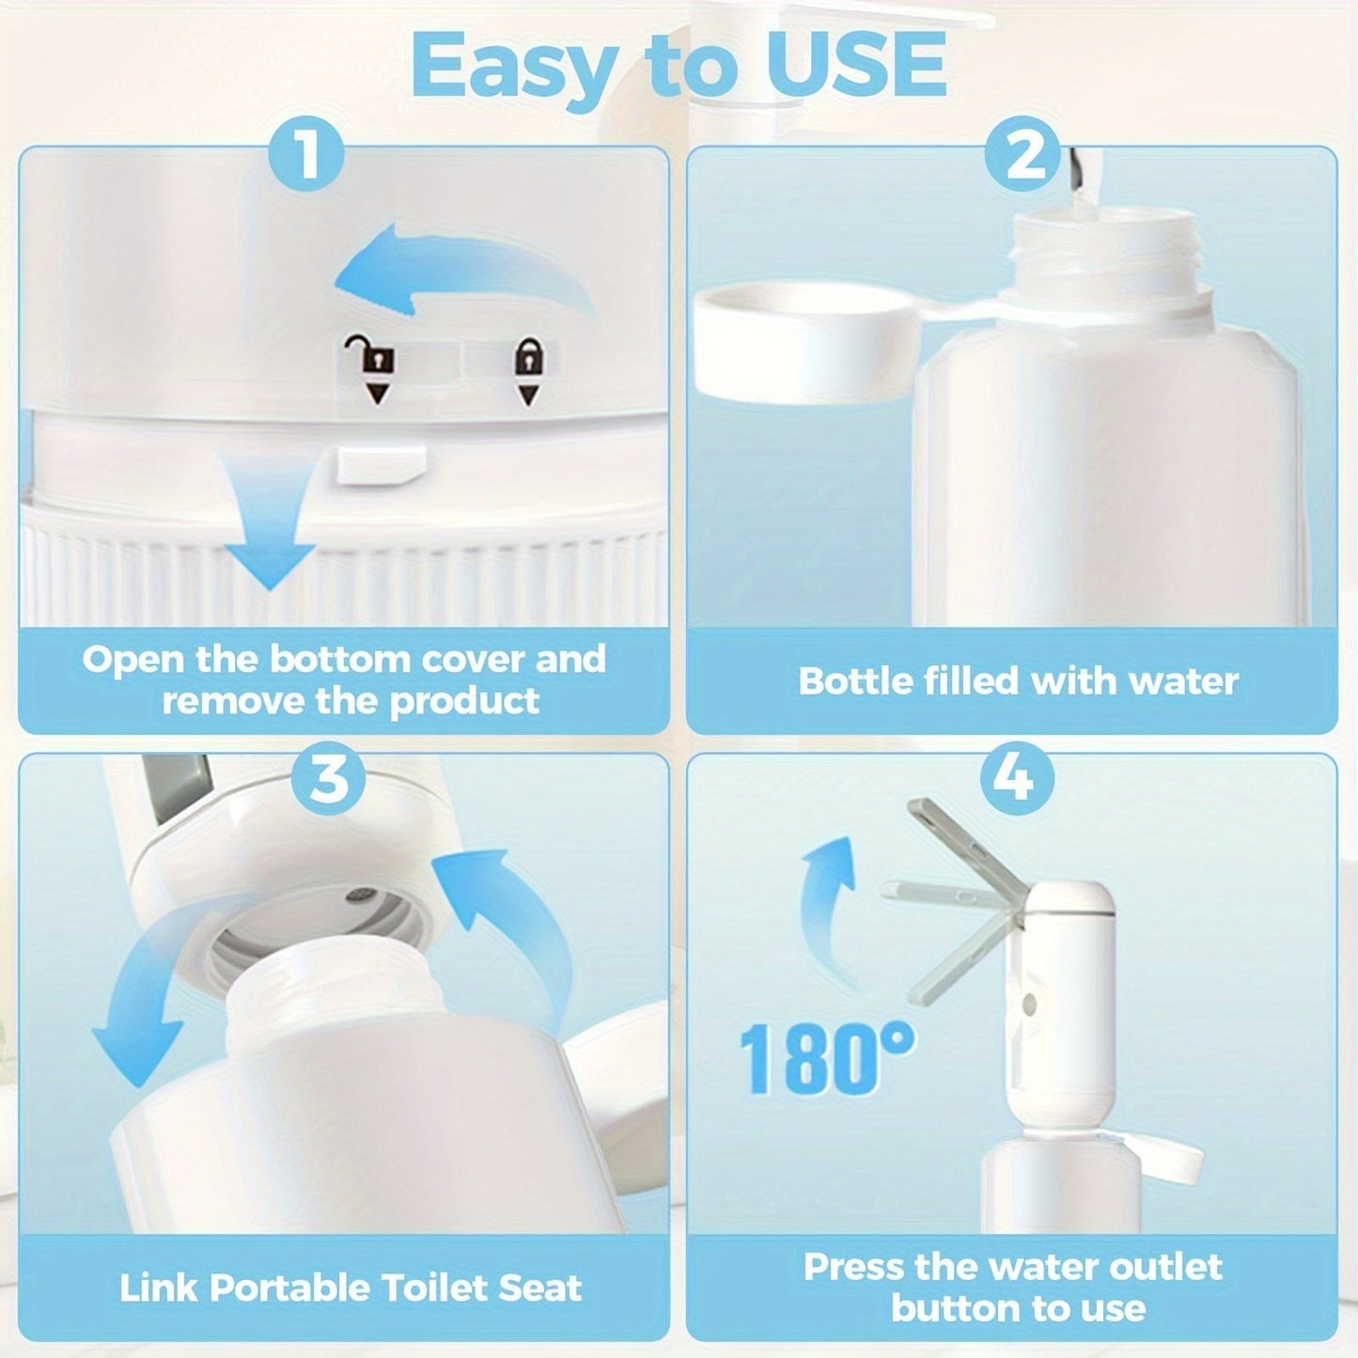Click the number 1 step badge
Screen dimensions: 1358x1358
click(307, 155)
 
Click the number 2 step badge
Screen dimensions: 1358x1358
click(1023, 155)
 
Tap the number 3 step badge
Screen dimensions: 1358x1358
click(328, 778)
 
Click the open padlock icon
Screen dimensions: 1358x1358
click(378, 356)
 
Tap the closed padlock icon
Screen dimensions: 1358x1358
click(529, 358)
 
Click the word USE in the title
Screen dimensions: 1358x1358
click(855, 66)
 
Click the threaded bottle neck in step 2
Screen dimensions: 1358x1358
click(1104, 249)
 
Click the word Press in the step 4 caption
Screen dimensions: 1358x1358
click(852, 1267)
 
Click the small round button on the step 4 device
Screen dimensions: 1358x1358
click(1029, 1005)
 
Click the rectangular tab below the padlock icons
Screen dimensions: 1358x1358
click(382, 464)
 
